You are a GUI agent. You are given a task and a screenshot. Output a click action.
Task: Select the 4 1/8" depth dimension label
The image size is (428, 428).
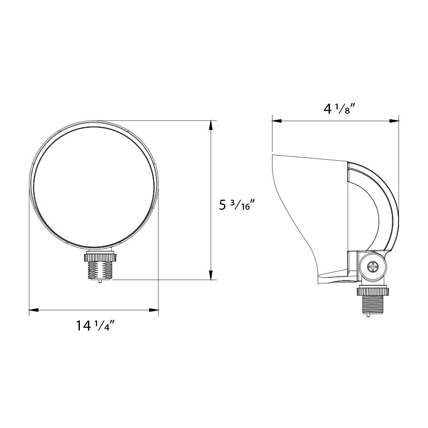click(340, 109)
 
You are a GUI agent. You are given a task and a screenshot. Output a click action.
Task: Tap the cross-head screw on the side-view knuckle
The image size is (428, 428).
click(372, 267)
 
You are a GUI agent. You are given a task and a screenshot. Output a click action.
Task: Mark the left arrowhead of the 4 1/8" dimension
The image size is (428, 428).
click(276, 121)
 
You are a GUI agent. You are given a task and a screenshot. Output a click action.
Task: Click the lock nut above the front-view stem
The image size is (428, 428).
click(100, 258)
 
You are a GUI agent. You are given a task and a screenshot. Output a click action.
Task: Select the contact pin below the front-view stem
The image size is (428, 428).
click(100, 281)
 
